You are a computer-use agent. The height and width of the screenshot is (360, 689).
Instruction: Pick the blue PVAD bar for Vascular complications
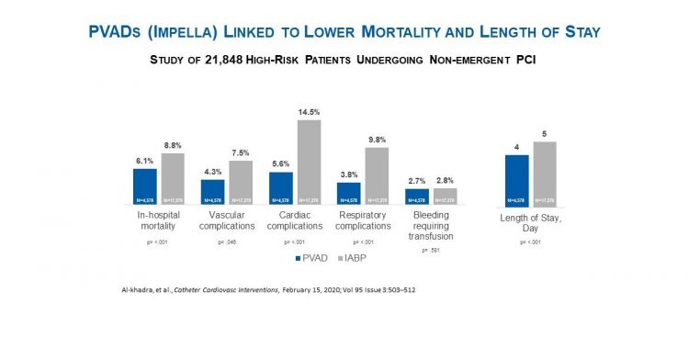coord(213,192)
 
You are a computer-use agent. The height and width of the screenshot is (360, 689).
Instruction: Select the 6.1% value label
coord(145,161)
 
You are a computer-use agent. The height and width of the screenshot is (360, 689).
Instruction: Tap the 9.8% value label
coord(377,140)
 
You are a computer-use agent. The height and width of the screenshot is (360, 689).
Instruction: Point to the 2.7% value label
coord(417,181)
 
